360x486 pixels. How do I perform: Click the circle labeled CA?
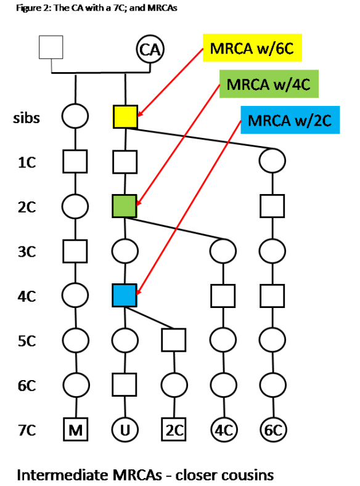point(149,49)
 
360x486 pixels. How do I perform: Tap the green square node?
point(125,206)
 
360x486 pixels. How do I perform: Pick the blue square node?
point(125,296)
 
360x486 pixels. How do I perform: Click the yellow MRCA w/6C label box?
point(253,47)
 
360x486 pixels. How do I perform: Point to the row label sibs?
point(27,117)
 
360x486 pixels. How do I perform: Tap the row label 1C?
point(27,162)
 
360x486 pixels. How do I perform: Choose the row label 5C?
point(27,341)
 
